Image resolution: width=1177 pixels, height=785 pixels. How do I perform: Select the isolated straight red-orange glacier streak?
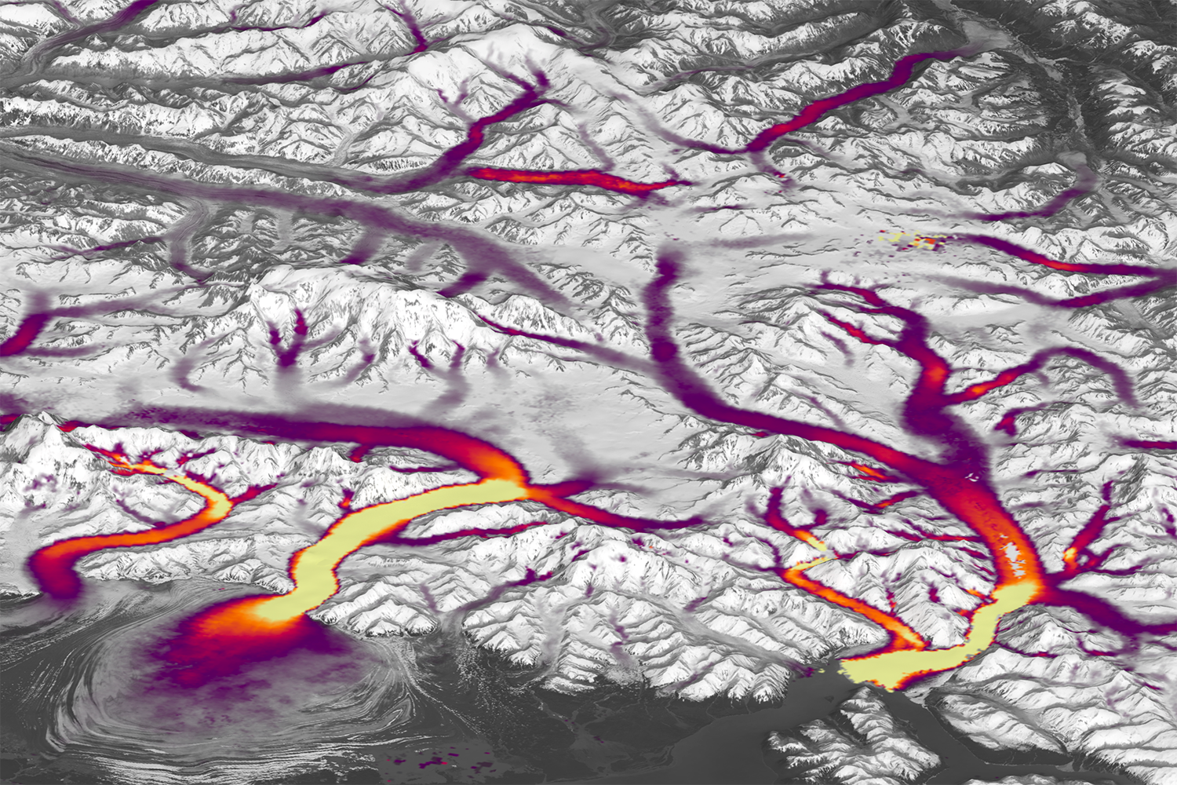tap(573, 179)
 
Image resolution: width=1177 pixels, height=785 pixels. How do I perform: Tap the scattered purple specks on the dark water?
tap(428, 761)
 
